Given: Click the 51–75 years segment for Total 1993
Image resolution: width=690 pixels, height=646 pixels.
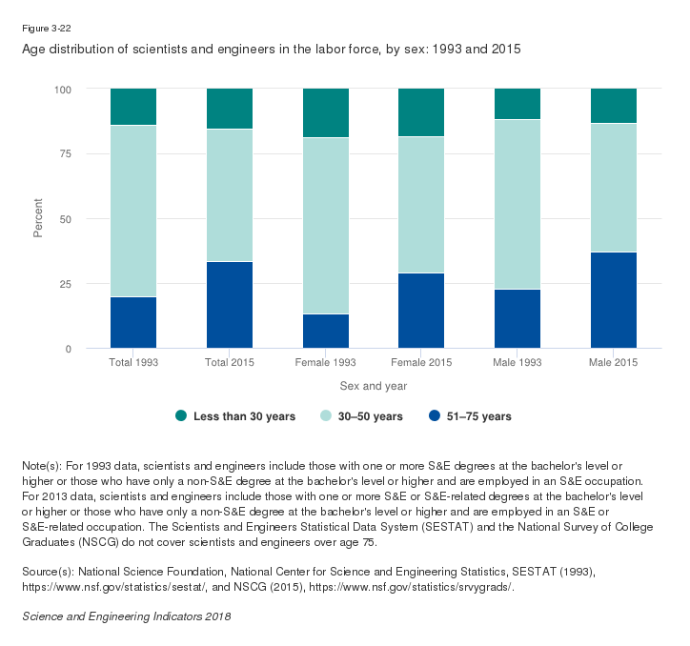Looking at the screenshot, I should click(133, 323).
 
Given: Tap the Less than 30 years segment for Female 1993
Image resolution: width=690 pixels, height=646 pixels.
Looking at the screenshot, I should click(326, 113).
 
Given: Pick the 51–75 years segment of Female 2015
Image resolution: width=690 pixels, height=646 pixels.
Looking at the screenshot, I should click(421, 311).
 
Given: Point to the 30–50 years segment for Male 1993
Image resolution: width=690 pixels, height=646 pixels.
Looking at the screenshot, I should click(517, 204).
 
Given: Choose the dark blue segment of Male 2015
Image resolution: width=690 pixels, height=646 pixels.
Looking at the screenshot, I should click(614, 300).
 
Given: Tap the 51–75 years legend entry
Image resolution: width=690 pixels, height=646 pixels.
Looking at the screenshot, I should click(470, 416).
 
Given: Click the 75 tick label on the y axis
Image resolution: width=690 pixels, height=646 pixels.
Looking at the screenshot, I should click(66, 154).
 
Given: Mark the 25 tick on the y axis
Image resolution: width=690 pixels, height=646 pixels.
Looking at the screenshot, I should click(66, 284).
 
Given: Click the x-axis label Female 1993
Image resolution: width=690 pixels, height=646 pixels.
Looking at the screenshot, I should click(326, 363).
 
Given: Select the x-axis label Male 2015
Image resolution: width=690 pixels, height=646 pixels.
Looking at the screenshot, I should click(614, 363).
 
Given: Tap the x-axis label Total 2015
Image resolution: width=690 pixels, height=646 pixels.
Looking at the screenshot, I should click(230, 363).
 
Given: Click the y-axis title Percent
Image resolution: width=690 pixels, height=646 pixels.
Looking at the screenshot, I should click(39, 219).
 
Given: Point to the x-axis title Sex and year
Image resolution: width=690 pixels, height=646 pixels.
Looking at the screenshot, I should click(374, 386).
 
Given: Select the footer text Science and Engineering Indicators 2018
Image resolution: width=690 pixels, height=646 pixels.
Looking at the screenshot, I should click(126, 616).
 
